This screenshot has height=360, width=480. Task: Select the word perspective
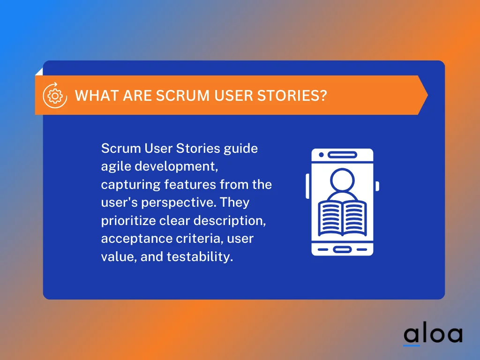(x=176, y=202)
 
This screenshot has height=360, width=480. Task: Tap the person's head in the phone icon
(x=343, y=180)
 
